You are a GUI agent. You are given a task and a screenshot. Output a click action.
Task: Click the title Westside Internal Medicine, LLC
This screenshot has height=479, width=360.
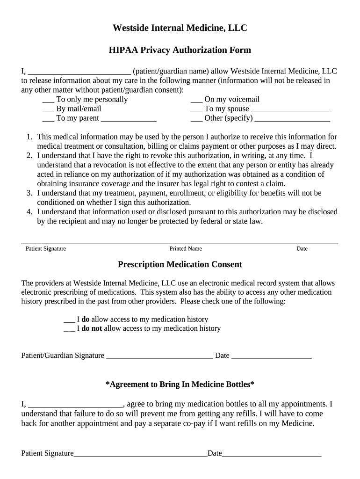[x=180, y=29]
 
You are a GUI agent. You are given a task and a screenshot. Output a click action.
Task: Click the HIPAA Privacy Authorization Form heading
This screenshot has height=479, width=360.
[x=180, y=50]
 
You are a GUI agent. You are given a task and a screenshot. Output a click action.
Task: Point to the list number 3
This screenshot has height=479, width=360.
[x=29, y=193]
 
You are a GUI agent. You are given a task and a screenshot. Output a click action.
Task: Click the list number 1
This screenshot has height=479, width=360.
[x=29, y=137]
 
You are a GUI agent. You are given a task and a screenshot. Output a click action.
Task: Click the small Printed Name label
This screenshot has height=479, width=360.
[x=186, y=249]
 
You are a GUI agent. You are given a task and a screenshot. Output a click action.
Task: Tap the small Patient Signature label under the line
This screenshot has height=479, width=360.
[x=46, y=249]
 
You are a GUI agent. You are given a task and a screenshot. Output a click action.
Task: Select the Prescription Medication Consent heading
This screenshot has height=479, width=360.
[x=180, y=265]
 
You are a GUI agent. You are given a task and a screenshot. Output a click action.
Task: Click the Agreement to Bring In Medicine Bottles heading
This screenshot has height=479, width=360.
[x=180, y=385]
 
